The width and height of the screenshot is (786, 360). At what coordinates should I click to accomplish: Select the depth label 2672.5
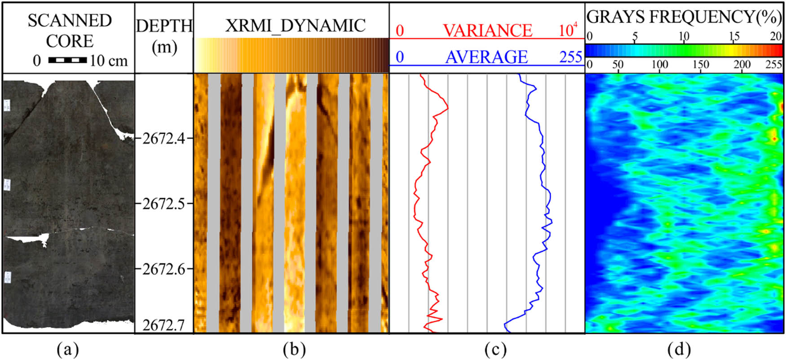164,203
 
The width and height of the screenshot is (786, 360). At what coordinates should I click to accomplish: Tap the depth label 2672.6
164,269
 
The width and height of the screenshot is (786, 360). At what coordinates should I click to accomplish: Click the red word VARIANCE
488,31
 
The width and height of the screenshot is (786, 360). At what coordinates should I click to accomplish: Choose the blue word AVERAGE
486,57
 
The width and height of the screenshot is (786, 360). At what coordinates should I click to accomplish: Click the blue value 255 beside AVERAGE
570,57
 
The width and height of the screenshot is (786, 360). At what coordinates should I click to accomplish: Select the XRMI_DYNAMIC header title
295,26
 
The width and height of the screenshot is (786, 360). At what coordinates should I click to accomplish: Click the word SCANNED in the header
70,21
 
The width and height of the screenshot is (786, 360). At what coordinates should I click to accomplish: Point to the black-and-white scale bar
67,60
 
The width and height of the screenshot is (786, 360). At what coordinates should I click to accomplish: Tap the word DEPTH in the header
164,26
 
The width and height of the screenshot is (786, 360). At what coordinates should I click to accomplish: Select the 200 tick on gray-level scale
742,65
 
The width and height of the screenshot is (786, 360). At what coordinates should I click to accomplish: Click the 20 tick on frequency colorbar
776,36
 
